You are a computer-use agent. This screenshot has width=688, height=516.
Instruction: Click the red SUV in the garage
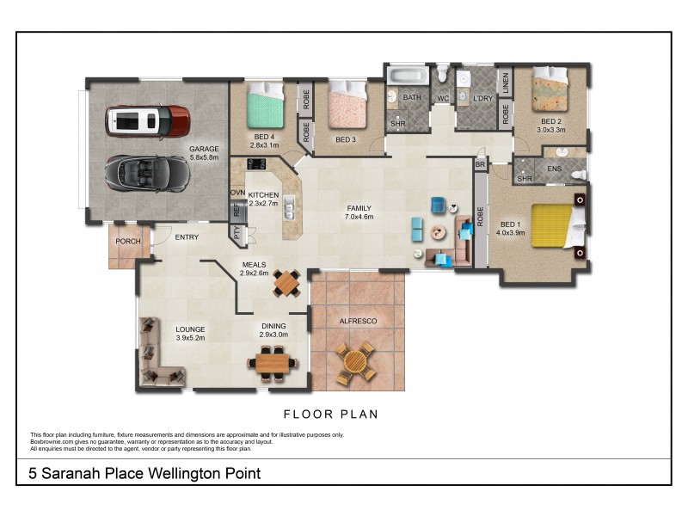click(147, 122)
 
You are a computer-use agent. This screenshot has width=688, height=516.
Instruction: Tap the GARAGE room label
click(204, 149)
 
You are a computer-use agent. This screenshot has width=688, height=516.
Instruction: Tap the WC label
click(443, 98)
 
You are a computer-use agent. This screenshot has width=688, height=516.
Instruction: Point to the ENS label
click(554, 169)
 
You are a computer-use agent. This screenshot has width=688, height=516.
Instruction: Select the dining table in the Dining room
click(274, 361)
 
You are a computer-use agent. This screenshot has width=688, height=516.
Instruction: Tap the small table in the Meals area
click(286, 281)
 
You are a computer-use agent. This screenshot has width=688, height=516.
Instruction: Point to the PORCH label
click(128, 241)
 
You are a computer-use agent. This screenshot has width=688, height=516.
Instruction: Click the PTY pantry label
click(236, 231)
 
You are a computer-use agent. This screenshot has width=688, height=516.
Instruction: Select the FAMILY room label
click(359, 208)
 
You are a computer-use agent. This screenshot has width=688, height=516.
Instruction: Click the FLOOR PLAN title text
click(331, 414)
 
